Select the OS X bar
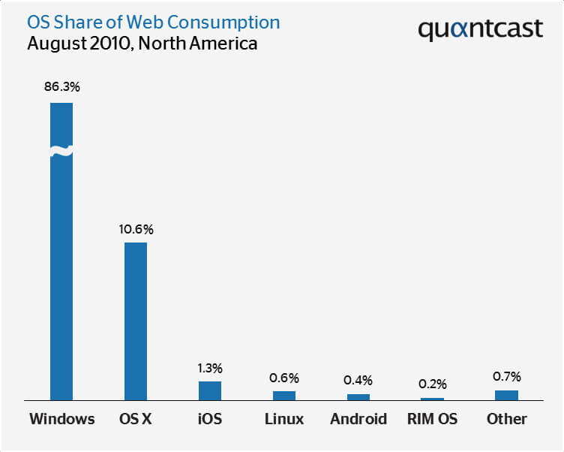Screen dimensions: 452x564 coord(136,321)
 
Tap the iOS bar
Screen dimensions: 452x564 coord(210,390)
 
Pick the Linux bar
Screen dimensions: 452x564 coord(284,395)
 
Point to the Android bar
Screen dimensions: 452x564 coord(358,396)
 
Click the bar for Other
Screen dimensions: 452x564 coord(506,395)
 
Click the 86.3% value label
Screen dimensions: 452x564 coord(61,87)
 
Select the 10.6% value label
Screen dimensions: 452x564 coord(136,228)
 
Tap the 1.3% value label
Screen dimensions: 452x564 coord(210,368)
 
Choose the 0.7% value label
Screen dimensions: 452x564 coord(506,376)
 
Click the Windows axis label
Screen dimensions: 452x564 coord(61,419)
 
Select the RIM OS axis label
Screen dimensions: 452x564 coord(432,419)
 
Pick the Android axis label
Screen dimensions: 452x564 coord(358,419)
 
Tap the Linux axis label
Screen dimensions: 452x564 coord(284,419)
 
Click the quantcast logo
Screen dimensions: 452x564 coord(480,29)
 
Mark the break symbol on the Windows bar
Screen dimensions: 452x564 coord(61,152)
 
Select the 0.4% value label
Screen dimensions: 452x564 coord(358,381)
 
